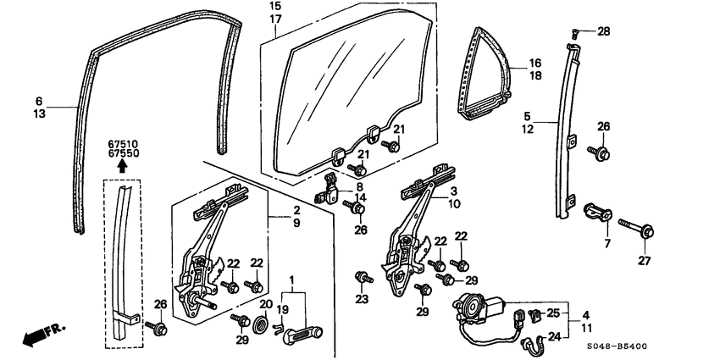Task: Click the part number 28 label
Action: (x=603, y=32)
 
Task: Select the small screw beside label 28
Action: (x=574, y=33)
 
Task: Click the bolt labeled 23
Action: (x=363, y=277)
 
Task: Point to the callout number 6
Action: (x=39, y=99)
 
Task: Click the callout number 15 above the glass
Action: (x=275, y=6)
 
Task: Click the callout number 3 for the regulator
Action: (x=455, y=191)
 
